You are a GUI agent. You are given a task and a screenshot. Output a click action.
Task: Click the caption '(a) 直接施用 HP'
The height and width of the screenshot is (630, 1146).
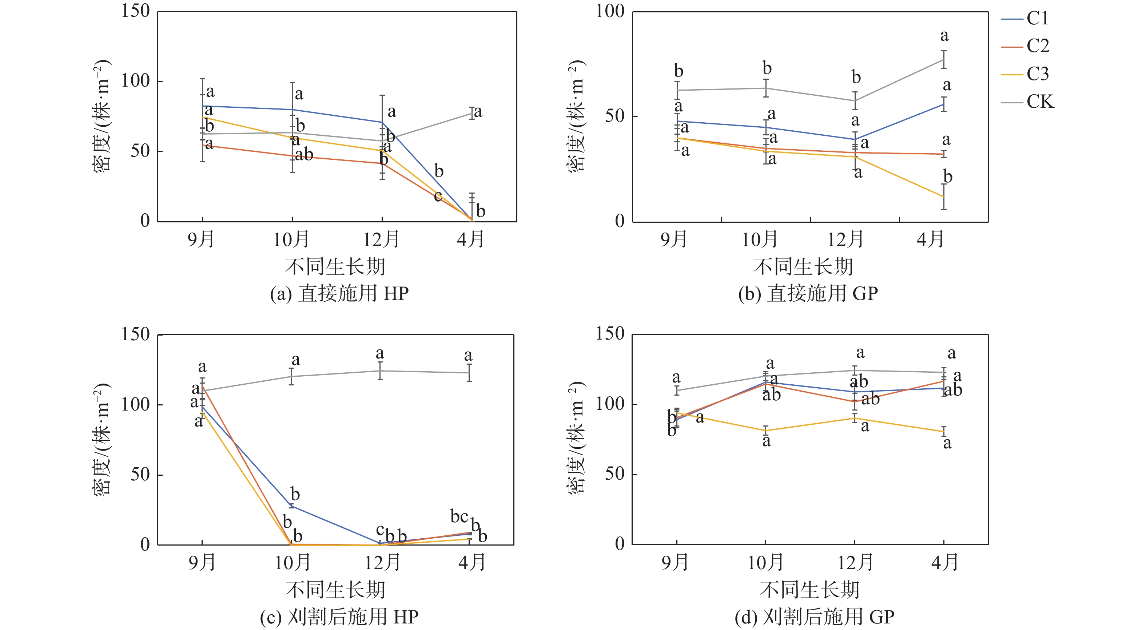tap(339, 294)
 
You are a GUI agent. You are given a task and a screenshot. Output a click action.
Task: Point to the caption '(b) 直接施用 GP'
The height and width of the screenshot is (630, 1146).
tap(808, 294)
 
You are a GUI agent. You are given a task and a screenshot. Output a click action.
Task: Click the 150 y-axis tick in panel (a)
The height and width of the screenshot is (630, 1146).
tap(136, 11)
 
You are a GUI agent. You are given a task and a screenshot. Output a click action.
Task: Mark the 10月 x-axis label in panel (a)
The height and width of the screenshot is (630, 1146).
tap(291, 240)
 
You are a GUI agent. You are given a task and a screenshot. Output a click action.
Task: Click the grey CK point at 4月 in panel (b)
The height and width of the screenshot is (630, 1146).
tap(944, 60)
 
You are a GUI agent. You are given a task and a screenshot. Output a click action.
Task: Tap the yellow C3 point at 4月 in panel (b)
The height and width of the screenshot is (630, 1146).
tap(944, 197)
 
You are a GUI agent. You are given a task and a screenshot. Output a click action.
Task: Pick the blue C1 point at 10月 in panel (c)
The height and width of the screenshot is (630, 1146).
tap(291, 506)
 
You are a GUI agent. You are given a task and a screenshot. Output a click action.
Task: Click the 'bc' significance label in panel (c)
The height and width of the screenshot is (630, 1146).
tap(459, 516)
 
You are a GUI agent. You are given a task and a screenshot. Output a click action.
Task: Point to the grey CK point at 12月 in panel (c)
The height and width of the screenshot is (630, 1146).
tap(381, 371)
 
